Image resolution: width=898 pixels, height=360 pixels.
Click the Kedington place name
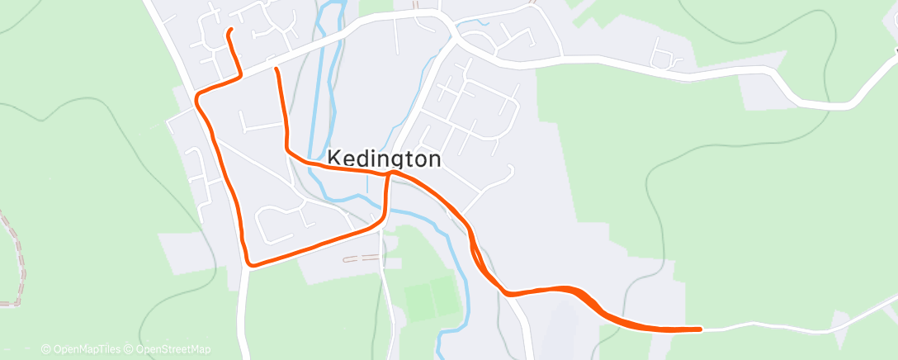coord(385,159)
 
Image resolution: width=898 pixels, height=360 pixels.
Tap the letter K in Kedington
coord(335,159)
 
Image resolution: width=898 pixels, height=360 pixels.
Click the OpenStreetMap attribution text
coord(173,349)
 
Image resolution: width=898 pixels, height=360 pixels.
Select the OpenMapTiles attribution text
coord(87,349)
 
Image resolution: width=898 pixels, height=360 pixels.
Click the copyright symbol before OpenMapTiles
coord(45,349)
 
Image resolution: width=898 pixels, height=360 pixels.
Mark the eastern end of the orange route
coord(700,329)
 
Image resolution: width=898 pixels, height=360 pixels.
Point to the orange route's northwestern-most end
coord(229,31)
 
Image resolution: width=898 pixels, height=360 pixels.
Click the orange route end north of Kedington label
coord(276,69)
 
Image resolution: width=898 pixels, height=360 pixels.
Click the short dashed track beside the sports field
coord(361,258)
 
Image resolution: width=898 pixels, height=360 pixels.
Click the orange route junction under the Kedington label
coord(390,173)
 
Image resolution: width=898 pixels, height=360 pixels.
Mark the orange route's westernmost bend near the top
coord(197,97)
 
